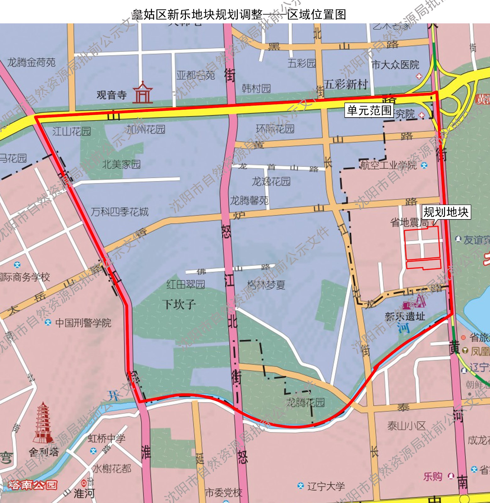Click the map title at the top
click(239, 14)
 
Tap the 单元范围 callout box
click(369, 110)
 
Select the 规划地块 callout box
click(446, 212)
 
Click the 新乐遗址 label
click(405, 316)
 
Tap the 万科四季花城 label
click(120, 212)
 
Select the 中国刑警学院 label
click(83, 323)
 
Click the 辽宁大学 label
click(326, 486)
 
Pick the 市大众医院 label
click(395, 65)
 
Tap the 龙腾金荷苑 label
click(31, 63)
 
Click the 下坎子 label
click(179, 304)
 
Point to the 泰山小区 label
click(406, 426)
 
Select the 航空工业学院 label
click(389, 165)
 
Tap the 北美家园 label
click(121, 164)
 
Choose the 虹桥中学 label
click(106, 438)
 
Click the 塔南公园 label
click(33, 484)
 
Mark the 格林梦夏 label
click(266, 285)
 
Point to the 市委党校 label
click(224, 493)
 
